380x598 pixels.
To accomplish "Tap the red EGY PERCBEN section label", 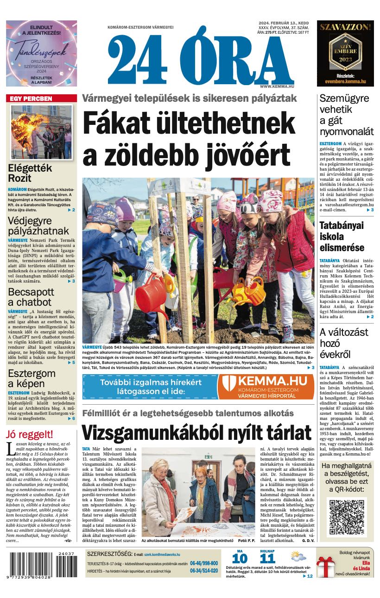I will click(x=32, y=99).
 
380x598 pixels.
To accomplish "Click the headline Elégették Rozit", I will click(x=30, y=173).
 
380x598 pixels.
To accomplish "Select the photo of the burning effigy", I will click(x=41, y=132).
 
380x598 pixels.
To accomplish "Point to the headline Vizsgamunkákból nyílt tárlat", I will click(x=196, y=433).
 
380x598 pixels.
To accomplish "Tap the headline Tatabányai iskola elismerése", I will click(x=342, y=236).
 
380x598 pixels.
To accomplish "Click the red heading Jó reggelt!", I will click(x=30, y=434).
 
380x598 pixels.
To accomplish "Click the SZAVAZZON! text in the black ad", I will click(x=345, y=27).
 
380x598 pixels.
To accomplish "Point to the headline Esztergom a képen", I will click(x=32, y=378).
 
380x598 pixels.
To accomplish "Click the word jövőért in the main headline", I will click(x=239, y=155).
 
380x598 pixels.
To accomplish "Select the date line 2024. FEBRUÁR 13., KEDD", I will click(x=284, y=23).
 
